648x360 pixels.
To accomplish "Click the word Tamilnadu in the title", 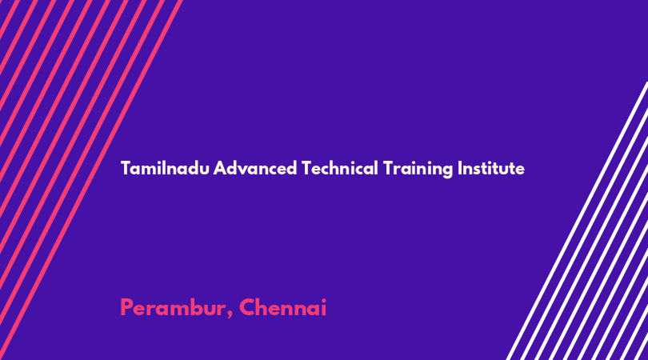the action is pyautogui.click(x=165, y=168).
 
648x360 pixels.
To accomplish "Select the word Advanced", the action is pyautogui.click(x=255, y=168).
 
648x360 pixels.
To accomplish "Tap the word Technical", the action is pyautogui.click(x=340, y=168).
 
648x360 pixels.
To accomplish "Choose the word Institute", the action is pyautogui.click(x=491, y=168).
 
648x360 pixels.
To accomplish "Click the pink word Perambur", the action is pyautogui.click(x=173, y=308).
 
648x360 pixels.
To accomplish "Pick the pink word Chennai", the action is pyautogui.click(x=283, y=308).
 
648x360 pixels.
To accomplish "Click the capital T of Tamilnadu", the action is pyautogui.click(x=126, y=168).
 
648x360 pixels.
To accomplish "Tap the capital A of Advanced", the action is pyautogui.click(x=220, y=168).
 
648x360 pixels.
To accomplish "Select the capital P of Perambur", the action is pyautogui.click(x=126, y=308).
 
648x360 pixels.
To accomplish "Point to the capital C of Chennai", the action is pyautogui.click(x=247, y=308).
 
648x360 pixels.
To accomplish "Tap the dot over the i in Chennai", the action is pyautogui.click(x=323, y=300).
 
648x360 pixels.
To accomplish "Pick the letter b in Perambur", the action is pyautogui.click(x=195, y=308).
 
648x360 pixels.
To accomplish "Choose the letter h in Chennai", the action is pyautogui.click(x=263, y=308).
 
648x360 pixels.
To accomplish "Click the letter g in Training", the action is pyautogui.click(x=447, y=170).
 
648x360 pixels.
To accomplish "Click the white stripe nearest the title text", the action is pyautogui.click(x=578, y=221).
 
